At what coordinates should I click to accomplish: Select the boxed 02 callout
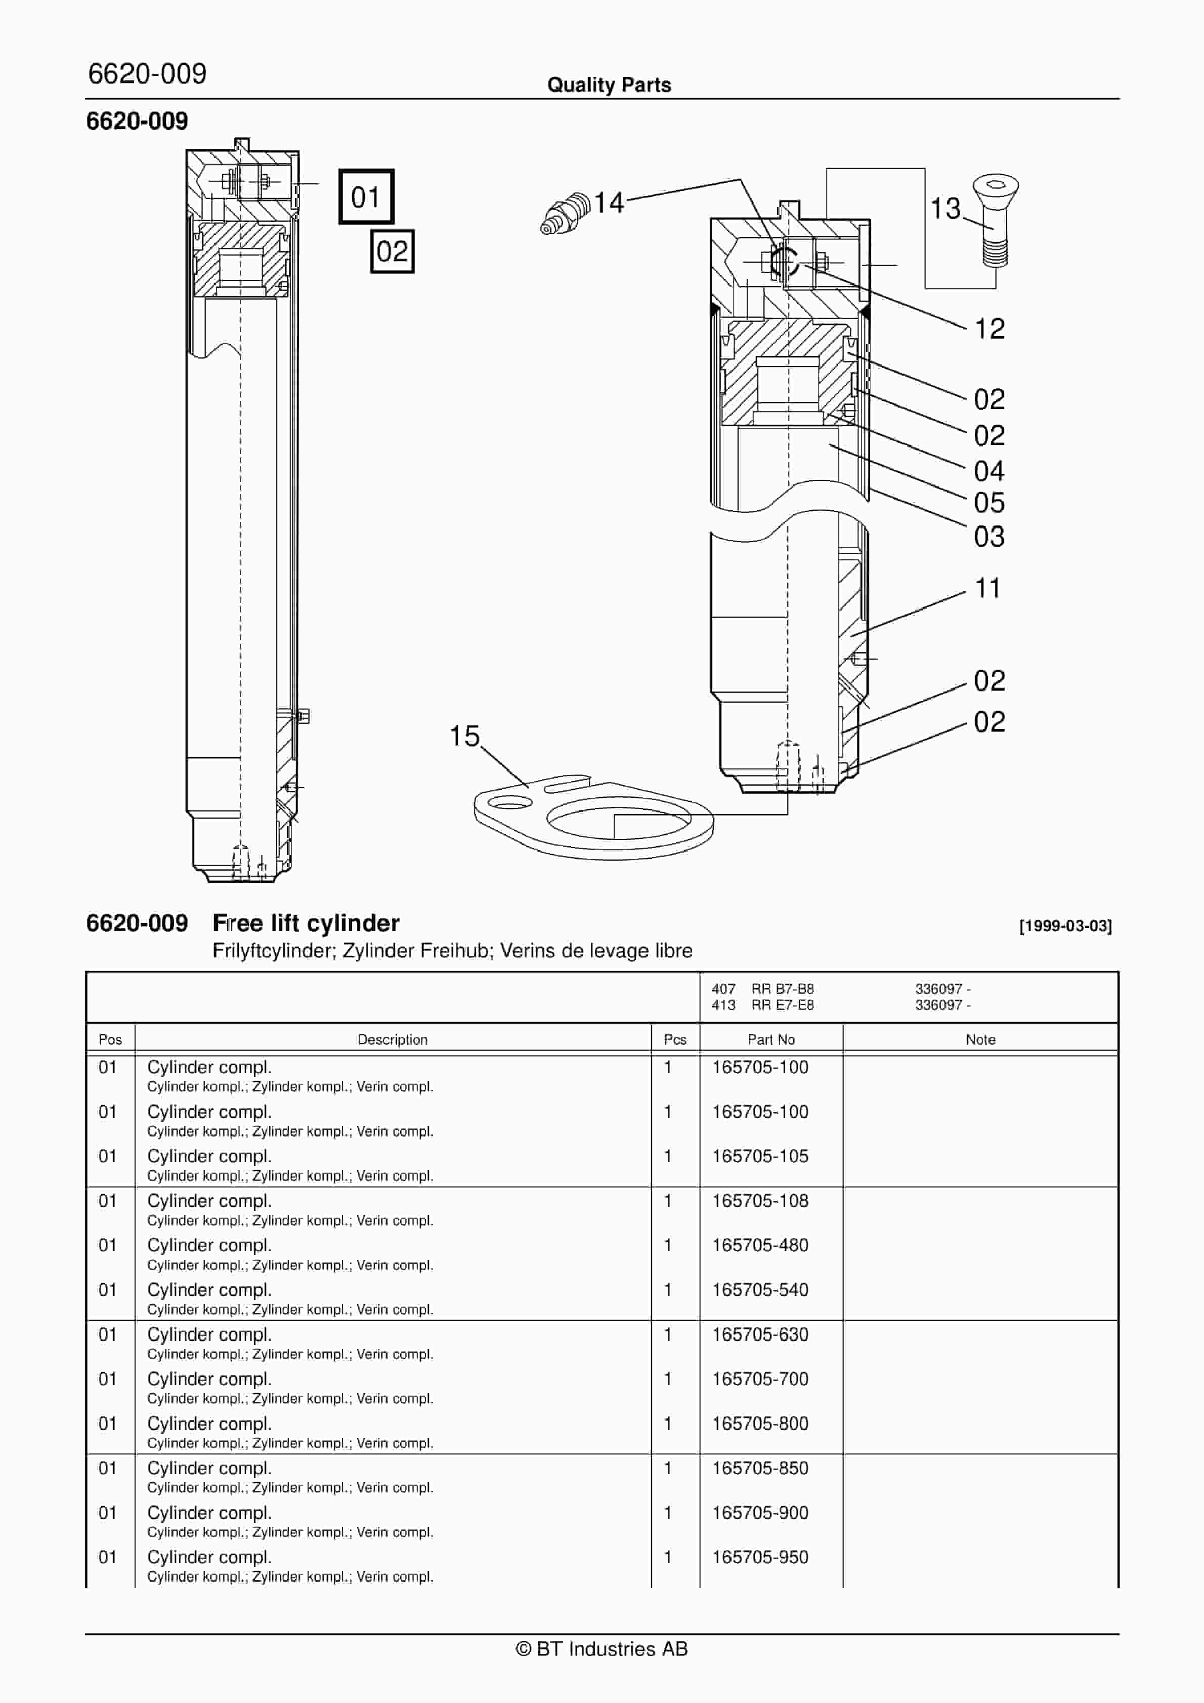coord(392,252)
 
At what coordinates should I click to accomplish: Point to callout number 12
coord(989,329)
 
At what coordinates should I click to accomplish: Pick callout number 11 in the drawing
coord(987,588)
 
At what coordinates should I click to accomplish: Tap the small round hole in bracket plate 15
coord(511,802)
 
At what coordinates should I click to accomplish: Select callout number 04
coord(989,470)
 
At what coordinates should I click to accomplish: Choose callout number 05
coord(989,503)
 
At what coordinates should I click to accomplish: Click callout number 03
coord(989,536)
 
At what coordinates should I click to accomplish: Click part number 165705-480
coord(760,1245)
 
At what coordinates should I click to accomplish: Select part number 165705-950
coord(760,1557)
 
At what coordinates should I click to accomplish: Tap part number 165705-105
coord(760,1156)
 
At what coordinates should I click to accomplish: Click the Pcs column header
coord(675,1039)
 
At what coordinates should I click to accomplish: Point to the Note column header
coord(980,1039)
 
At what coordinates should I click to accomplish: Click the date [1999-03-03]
coord(1065,926)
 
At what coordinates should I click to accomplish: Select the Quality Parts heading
coord(609,85)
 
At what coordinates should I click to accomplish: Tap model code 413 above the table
coord(723,1005)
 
